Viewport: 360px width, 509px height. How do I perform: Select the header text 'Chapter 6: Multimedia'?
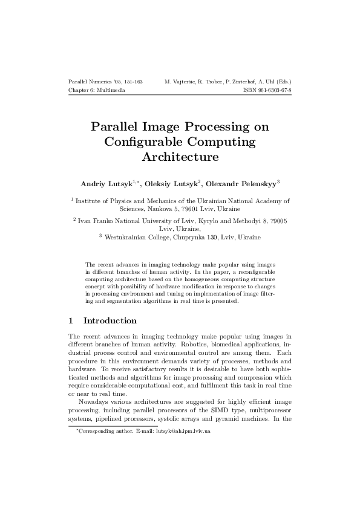97,89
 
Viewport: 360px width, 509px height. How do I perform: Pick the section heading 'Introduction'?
110,320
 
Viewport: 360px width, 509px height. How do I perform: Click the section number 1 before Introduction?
71,320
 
